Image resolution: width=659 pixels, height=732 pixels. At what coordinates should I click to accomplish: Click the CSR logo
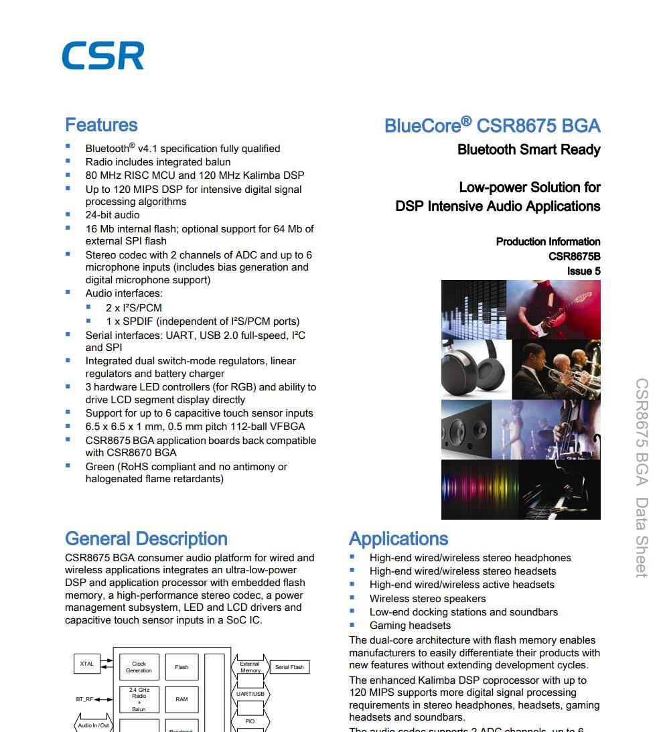(x=102, y=56)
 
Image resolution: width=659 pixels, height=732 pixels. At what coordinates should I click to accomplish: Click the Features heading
(x=101, y=125)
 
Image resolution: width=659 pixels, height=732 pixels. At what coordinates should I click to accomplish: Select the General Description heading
(x=146, y=539)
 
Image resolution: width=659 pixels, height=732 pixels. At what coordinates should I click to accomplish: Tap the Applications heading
(x=398, y=539)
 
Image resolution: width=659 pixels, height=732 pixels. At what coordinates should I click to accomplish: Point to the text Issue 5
(x=583, y=271)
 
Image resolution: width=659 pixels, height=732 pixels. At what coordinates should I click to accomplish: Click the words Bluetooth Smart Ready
(x=528, y=150)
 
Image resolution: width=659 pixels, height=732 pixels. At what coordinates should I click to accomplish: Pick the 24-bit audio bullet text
(x=113, y=215)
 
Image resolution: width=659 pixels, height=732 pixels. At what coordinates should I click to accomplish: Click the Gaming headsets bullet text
(x=410, y=626)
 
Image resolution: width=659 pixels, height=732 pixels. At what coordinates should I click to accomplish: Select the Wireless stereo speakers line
(x=427, y=599)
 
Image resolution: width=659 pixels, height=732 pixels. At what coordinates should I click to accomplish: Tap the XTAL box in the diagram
(x=87, y=664)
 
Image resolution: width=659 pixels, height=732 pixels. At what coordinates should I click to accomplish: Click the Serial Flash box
(x=289, y=667)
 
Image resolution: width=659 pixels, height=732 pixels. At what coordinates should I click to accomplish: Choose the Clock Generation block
(x=139, y=667)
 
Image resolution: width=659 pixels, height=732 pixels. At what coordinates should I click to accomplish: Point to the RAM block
(x=181, y=699)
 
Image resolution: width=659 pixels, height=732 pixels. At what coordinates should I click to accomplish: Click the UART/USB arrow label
(x=250, y=694)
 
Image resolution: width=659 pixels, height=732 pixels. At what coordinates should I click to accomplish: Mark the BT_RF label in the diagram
(x=84, y=699)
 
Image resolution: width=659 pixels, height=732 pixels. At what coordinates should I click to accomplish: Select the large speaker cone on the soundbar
(x=457, y=429)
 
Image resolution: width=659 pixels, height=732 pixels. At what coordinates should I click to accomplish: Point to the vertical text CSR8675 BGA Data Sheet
(x=641, y=478)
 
